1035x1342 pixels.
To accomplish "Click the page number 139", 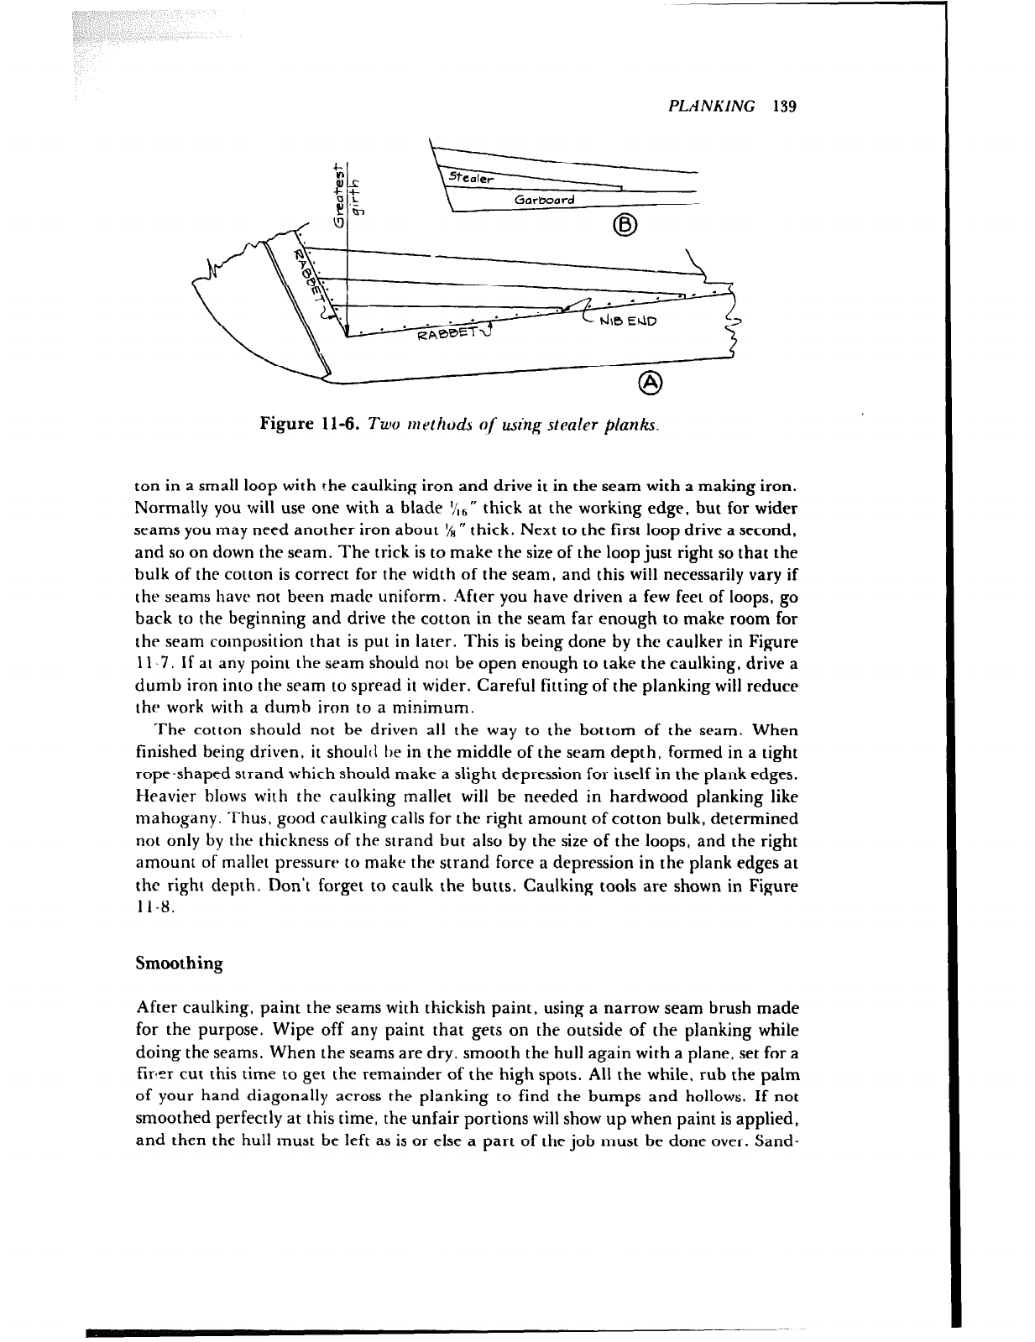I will (x=786, y=107).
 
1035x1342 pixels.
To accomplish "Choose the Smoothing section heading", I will (x=179, y=963).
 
